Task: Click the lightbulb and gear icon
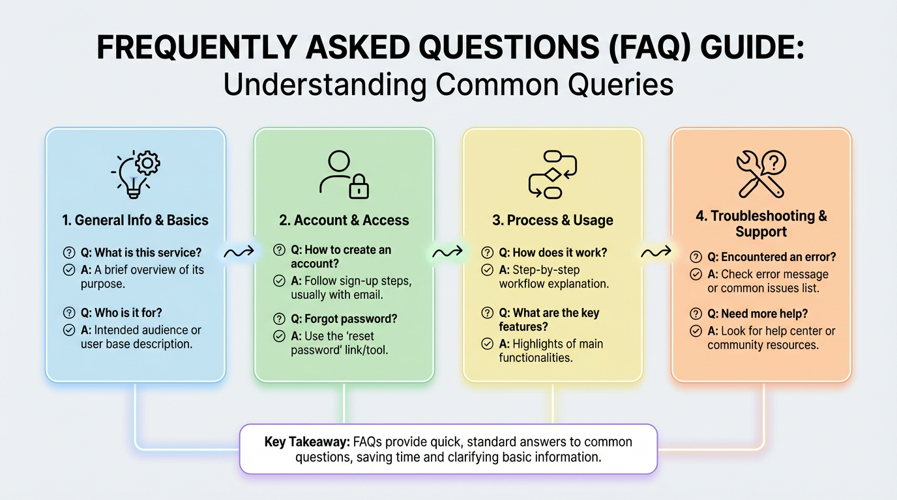tap(136, 174)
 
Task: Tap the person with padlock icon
tap(344, 174)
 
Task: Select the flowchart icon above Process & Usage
tap(553, 174)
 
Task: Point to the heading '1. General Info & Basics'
tap(136, 220)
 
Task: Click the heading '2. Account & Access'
tap(344, 220)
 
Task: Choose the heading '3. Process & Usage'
tap(553, 220)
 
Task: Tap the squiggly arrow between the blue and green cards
tap(239, 252)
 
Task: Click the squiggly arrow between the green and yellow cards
tap(448, 252)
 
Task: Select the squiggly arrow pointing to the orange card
tap(656, 252)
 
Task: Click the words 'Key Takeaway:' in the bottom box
tap(307, 442)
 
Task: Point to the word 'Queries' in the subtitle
tap(621, 85)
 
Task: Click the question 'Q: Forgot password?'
tap(344, 319)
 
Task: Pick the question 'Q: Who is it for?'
tap(121, 312)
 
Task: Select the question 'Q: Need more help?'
tap(757, 314)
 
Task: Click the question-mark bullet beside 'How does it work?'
tap(487, 253)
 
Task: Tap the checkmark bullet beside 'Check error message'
tap(696, 274)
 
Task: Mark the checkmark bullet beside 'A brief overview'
tap(69, 270)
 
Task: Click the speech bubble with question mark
tap(774, 163)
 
